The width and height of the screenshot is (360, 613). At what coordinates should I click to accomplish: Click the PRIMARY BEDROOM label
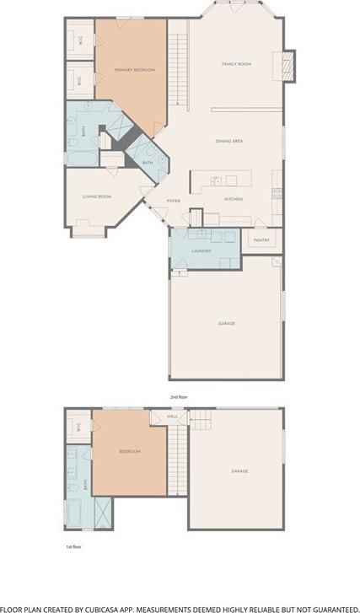(135, 70)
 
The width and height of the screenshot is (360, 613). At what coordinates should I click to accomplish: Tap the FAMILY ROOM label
(237, 64)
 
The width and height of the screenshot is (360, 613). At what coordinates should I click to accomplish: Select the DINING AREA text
(229, 141)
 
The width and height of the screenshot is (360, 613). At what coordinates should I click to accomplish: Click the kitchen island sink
(217, 180)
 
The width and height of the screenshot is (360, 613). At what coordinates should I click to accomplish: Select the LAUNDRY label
(201, 251)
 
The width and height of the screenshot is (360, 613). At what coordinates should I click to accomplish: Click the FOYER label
(173, 201)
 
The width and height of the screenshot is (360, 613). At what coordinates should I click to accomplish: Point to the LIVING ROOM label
(97, 196)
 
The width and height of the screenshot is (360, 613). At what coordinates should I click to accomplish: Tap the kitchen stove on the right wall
(276, 194)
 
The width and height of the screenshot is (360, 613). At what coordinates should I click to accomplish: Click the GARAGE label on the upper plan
(226, 324)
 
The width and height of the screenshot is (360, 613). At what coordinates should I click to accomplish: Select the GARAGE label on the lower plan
(239, 471)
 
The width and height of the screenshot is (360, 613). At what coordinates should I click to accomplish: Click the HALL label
(173, 416)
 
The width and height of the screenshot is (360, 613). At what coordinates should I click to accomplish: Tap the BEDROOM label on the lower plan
(129, 452)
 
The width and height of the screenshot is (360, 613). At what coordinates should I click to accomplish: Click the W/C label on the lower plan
(78, 426)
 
